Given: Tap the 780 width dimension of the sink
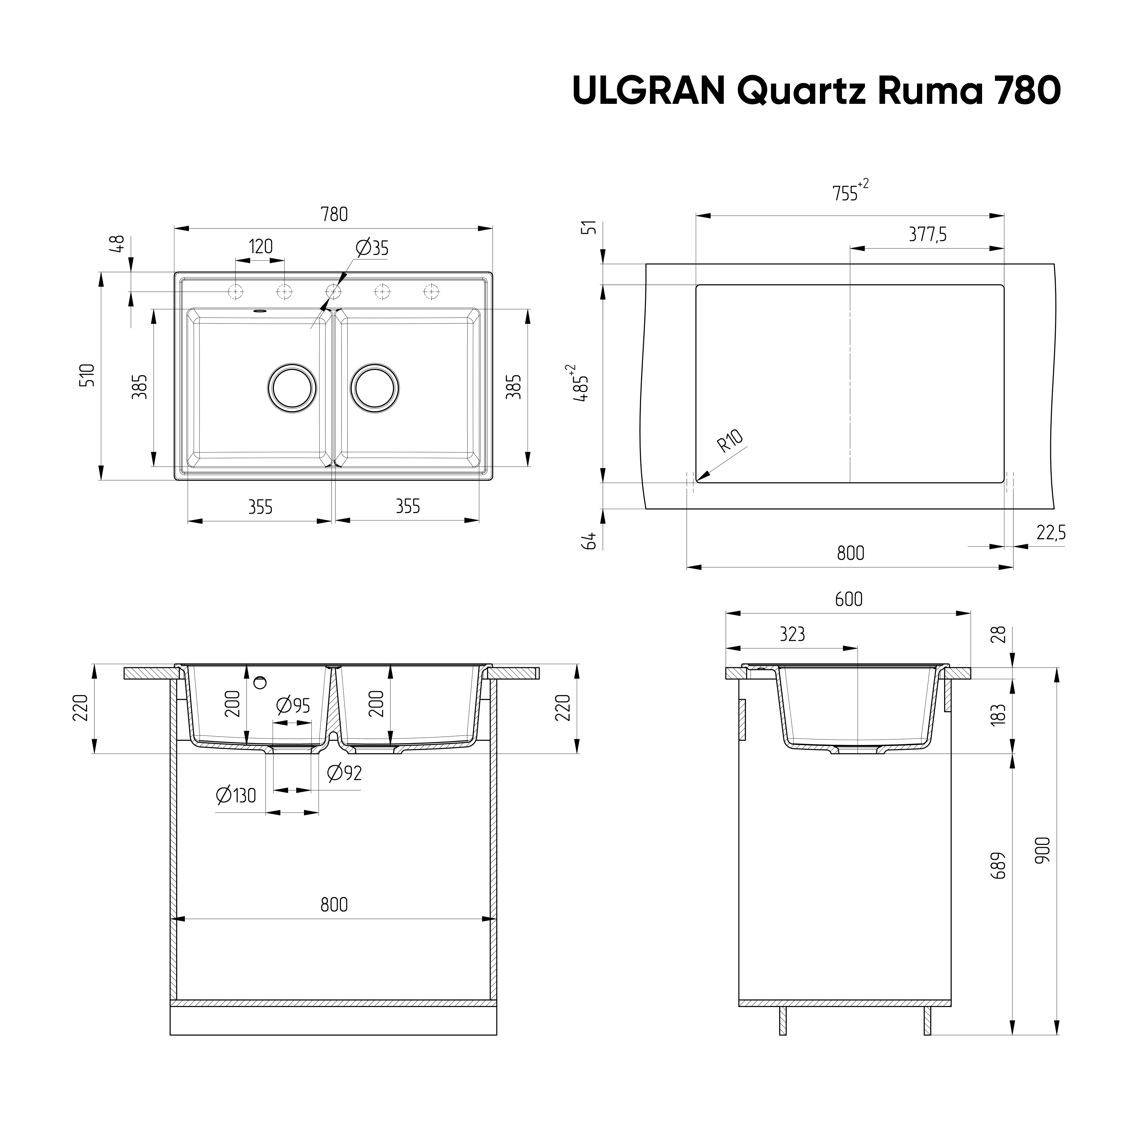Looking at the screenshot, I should tap(334, 214).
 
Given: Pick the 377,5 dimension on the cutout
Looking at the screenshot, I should tap(927, 235).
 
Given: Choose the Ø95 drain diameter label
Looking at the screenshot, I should tap(293, 706).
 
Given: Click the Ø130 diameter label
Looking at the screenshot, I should tap(236, 795).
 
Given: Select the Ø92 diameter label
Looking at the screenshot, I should tap(344, 773).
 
